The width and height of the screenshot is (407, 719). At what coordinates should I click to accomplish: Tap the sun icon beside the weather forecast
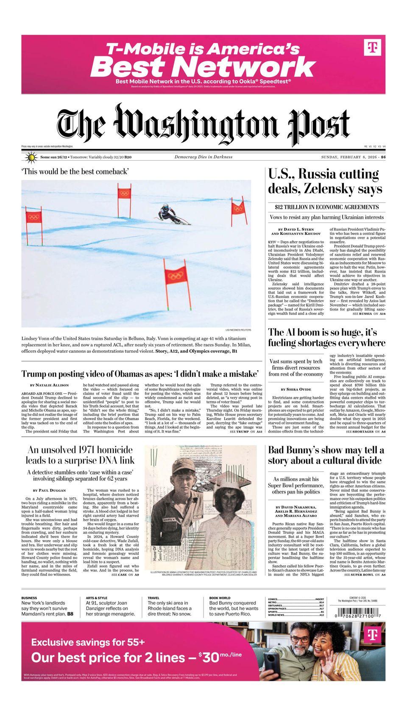click(31, 158)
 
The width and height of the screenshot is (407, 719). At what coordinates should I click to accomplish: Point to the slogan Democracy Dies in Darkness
click(203, 157)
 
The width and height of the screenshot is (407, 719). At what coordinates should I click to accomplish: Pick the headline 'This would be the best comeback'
click(75, 172)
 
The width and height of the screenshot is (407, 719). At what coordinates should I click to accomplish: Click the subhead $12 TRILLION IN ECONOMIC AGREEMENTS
click(326, 207)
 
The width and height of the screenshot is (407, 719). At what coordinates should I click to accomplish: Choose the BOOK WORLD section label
click(219, 598)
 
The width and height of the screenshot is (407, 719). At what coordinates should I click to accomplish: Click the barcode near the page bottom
click(358, 614)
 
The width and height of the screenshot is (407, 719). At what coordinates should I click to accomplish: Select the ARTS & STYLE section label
click(96, 598)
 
